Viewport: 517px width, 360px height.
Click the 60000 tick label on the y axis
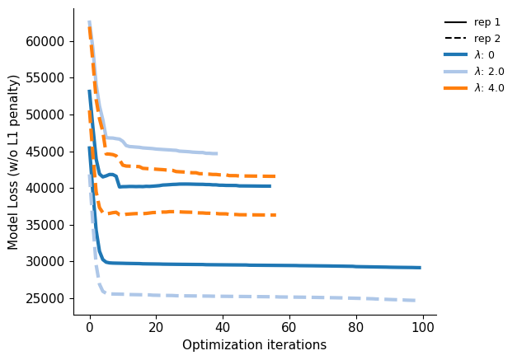(45, 41)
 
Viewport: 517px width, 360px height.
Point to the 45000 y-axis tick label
(45, 152)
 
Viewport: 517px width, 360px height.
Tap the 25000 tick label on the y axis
(45, 299)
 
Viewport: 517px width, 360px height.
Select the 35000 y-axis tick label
(45, 225)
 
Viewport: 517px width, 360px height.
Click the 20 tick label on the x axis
(156, 327)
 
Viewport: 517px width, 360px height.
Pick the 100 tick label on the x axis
(423, 327)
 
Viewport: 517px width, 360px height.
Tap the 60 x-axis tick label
(289, 327)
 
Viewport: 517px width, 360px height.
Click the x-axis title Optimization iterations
(254, 345)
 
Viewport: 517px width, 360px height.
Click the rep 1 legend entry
(472, 22)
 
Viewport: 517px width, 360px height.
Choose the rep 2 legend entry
(472, 39)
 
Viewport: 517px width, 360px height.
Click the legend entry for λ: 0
(469, 54)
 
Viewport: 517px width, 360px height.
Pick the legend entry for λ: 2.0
(474, 71)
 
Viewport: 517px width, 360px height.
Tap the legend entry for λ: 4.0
(474, 87)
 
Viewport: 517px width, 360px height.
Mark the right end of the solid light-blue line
(217, 153)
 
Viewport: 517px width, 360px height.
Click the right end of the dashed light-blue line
(416, 301)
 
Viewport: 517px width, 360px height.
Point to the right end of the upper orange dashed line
(275, 176)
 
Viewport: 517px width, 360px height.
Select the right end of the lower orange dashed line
(275, 215)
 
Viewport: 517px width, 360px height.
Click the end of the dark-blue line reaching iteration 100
(421, 268)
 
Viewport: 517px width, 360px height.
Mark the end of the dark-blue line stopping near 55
(270, 186)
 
